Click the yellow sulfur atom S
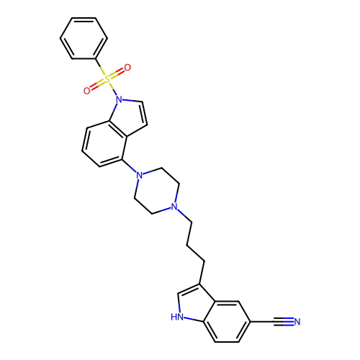[107, 79]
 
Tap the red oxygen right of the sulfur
[127, 68]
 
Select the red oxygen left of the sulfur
[87, 91]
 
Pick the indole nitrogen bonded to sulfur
[119, 99]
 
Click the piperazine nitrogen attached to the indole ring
[140, 175]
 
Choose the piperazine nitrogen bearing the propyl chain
[174, 207]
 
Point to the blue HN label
[177, 317]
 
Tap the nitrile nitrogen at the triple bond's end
[297, 322]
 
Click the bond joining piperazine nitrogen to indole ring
[130, 166]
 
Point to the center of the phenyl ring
[84, 38]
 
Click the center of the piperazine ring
[157, 191]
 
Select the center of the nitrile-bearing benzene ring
[227, 321]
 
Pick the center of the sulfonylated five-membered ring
[129, 117]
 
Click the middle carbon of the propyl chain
[187, 246]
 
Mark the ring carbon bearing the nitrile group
[251, 322]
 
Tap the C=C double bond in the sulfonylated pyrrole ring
[143, 113]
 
